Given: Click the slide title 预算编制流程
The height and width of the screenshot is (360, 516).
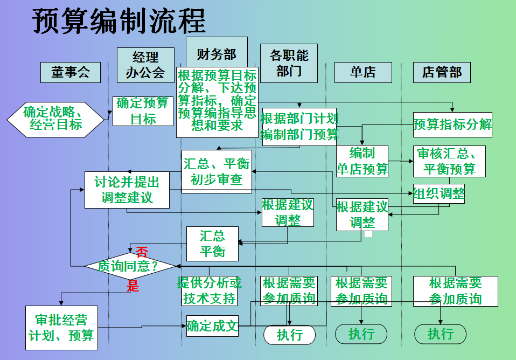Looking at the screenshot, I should [119, 22].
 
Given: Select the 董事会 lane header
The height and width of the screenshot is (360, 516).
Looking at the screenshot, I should [70, 72].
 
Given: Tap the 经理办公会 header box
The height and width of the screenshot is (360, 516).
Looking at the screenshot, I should [145, 65].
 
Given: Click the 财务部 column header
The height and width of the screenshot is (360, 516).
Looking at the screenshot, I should [217, 53].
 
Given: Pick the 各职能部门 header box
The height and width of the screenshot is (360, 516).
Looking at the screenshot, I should [289, 63].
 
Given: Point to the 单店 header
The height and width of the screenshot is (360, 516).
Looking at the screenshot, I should [362, 72].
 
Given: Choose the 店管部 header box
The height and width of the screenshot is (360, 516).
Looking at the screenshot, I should [442, 72].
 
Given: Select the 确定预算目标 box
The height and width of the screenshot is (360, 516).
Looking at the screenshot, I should [143, 111].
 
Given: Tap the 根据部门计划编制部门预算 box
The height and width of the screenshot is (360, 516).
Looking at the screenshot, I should [299, 127].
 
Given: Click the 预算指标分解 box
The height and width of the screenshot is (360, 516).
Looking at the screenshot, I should [452, 124].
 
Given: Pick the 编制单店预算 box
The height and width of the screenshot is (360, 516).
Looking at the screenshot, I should [362, 161].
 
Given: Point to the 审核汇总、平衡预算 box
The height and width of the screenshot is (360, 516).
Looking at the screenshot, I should [449, 161].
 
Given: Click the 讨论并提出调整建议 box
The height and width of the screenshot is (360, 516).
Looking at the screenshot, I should [127, 190].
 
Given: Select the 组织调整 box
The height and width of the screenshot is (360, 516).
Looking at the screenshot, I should [438, 193].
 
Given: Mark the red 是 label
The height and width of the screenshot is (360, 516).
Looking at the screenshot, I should [133, 286].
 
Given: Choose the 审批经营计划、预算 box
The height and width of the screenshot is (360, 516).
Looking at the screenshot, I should [61, 327].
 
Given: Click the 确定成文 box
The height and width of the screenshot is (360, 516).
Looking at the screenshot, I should [212, 326].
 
